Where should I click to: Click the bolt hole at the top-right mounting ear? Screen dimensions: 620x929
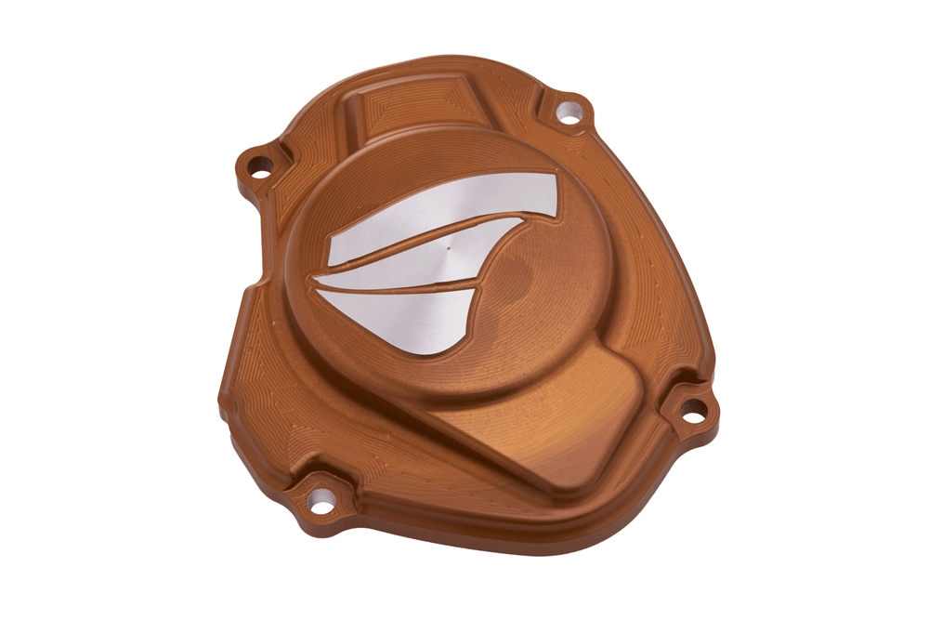567,114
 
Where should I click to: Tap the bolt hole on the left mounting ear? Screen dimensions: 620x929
261,168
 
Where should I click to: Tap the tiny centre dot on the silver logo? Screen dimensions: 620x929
449,249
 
